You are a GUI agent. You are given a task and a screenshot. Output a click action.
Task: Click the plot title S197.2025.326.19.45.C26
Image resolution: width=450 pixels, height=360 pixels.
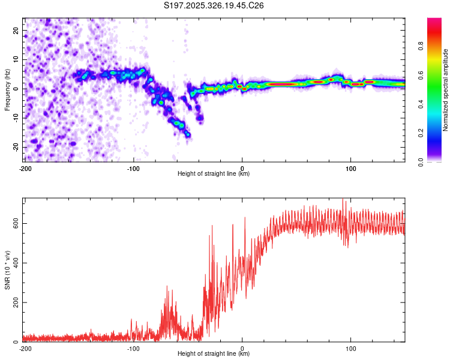214,5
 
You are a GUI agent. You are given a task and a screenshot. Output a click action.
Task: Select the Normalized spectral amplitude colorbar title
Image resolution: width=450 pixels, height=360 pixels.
446,90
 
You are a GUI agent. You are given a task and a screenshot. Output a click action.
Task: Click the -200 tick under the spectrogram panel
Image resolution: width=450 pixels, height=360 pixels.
25,168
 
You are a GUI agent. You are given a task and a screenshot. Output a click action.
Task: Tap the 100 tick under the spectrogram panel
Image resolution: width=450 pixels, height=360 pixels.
351,168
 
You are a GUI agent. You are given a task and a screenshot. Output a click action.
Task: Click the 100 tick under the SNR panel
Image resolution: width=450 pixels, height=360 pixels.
351,348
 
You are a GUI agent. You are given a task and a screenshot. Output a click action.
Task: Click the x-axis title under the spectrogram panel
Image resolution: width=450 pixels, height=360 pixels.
214,174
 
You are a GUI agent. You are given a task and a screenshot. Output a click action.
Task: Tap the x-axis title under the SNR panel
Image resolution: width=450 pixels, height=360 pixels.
214,354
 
